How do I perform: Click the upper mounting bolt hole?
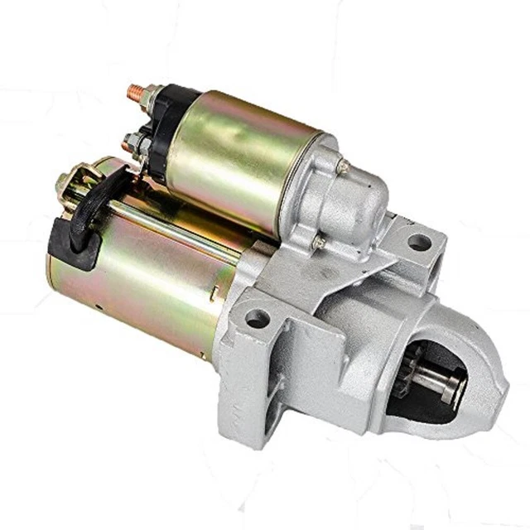click(419, 243)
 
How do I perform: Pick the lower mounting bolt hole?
click(259, 316)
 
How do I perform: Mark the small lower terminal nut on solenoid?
click(128, 142)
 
